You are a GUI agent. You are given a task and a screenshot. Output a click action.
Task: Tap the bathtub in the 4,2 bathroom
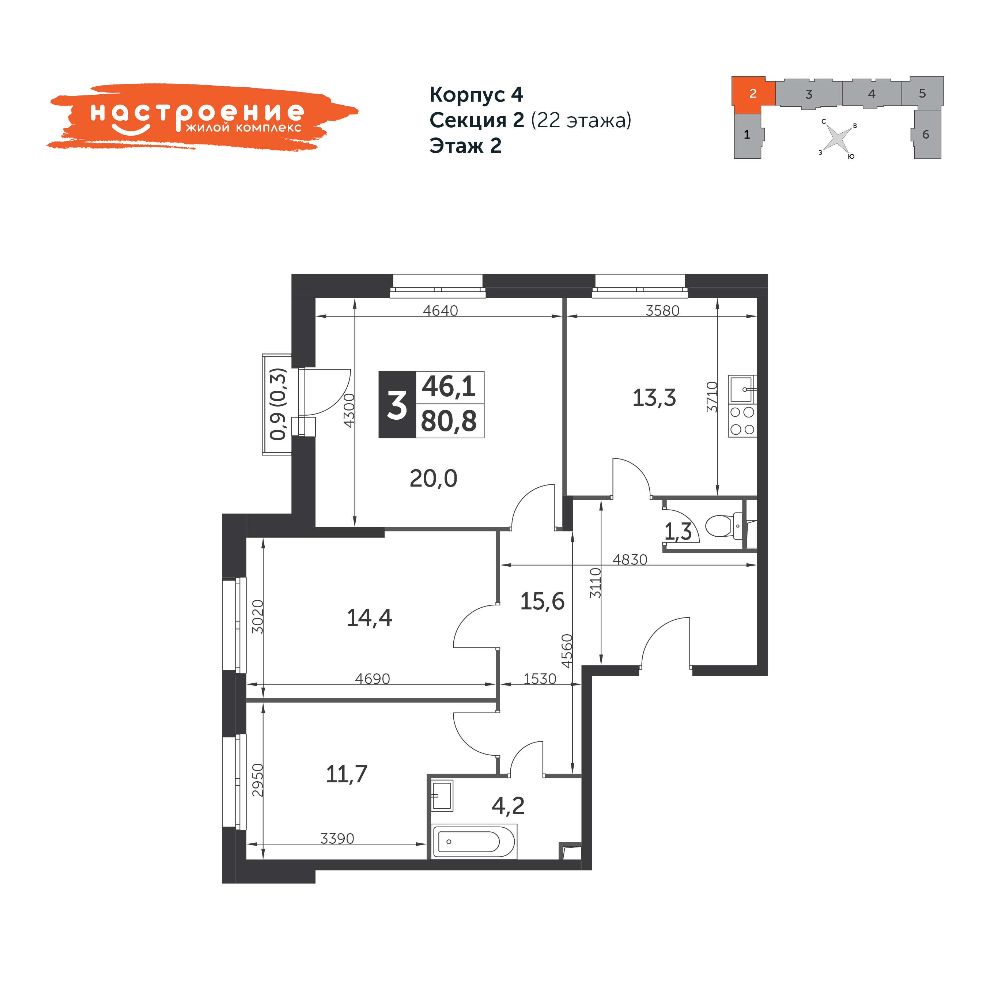(473, 841)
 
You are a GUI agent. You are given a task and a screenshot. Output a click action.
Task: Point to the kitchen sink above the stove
(742, 389)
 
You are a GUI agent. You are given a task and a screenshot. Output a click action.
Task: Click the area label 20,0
(434, 479)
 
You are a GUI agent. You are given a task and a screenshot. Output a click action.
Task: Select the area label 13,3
(654, 398)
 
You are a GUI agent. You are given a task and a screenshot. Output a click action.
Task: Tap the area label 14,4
(370, 618)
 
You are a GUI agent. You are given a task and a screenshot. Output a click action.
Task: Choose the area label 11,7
(347, 774)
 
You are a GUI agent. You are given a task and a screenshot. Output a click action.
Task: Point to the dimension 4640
(440, 310)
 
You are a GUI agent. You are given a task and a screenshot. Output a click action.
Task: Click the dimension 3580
(662, 310)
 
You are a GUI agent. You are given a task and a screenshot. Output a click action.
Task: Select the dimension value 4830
(630, 560)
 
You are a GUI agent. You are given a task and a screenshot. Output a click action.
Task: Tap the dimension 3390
(337, 838)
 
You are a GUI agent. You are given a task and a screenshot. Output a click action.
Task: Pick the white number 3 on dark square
(397, 405)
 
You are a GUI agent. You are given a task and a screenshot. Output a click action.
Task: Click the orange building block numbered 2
(753, 94)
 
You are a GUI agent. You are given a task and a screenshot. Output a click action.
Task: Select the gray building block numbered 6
(926, 134)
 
